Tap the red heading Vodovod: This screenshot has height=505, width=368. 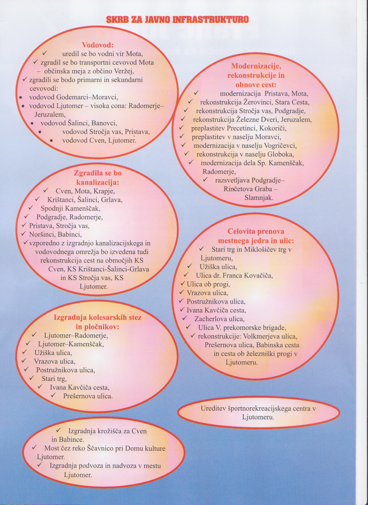pyautogui.click(x=98, y=45)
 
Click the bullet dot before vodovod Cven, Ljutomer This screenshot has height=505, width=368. pyautogui.click(x=51, y=141)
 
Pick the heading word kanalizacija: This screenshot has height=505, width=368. pyautogui.click(x=98, y=182)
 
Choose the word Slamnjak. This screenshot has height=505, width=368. pyautogui.click(x=259, y=198)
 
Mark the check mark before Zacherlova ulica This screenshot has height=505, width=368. pyautogui.click(x=184, y=318)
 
